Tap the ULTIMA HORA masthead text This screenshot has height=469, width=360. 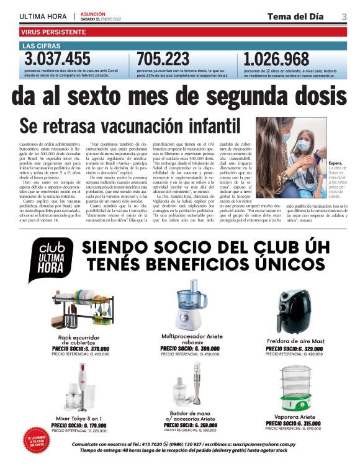point(44,16)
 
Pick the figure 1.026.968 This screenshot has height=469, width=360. point(277,59)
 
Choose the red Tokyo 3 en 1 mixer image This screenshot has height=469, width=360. point(78,388)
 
